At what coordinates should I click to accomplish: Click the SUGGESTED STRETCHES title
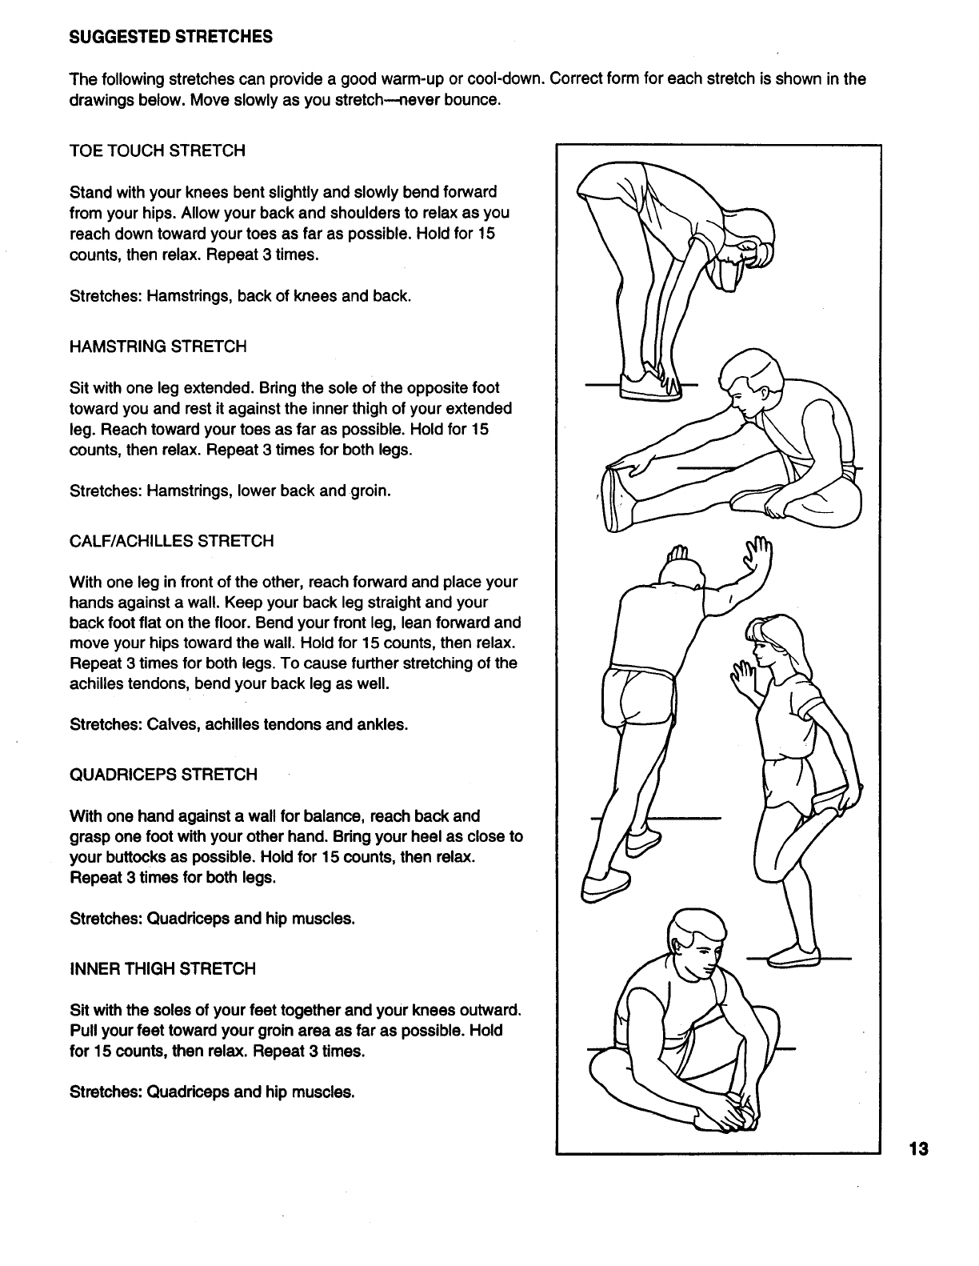tap(171, 37)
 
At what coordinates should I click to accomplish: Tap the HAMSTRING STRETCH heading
tap(158, 347)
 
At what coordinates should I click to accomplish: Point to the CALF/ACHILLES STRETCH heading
tap(172, 541)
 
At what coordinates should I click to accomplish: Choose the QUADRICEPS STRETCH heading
tap(164, 775)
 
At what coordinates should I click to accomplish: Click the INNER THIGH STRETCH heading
tap(163, 969)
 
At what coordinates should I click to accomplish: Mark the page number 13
tap(917, 1150)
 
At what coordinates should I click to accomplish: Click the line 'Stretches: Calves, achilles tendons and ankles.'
tap(239, 725)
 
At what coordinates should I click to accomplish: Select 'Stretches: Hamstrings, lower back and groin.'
tap(230, 491)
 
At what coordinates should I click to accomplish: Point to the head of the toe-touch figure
tap(748, 248)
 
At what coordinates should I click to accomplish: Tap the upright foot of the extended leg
tap(615, 496)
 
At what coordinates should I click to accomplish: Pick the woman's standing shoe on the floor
tap(793, 956)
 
